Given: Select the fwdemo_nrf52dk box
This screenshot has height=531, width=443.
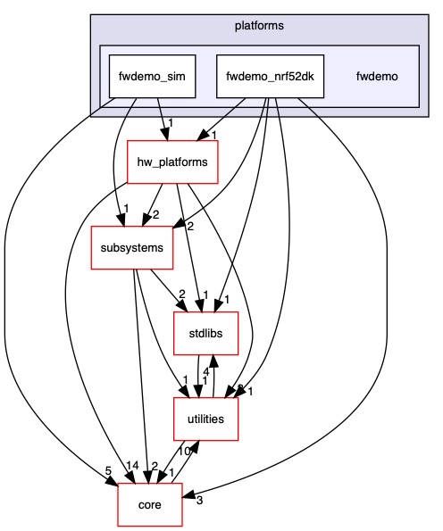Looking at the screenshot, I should [x=272, y=76].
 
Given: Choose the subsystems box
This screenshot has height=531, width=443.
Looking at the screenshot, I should [x=132, y=247].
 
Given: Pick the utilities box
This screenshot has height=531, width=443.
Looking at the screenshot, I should [x=205, y=419].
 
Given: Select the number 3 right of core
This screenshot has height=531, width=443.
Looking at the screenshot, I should [x=200, y=501].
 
